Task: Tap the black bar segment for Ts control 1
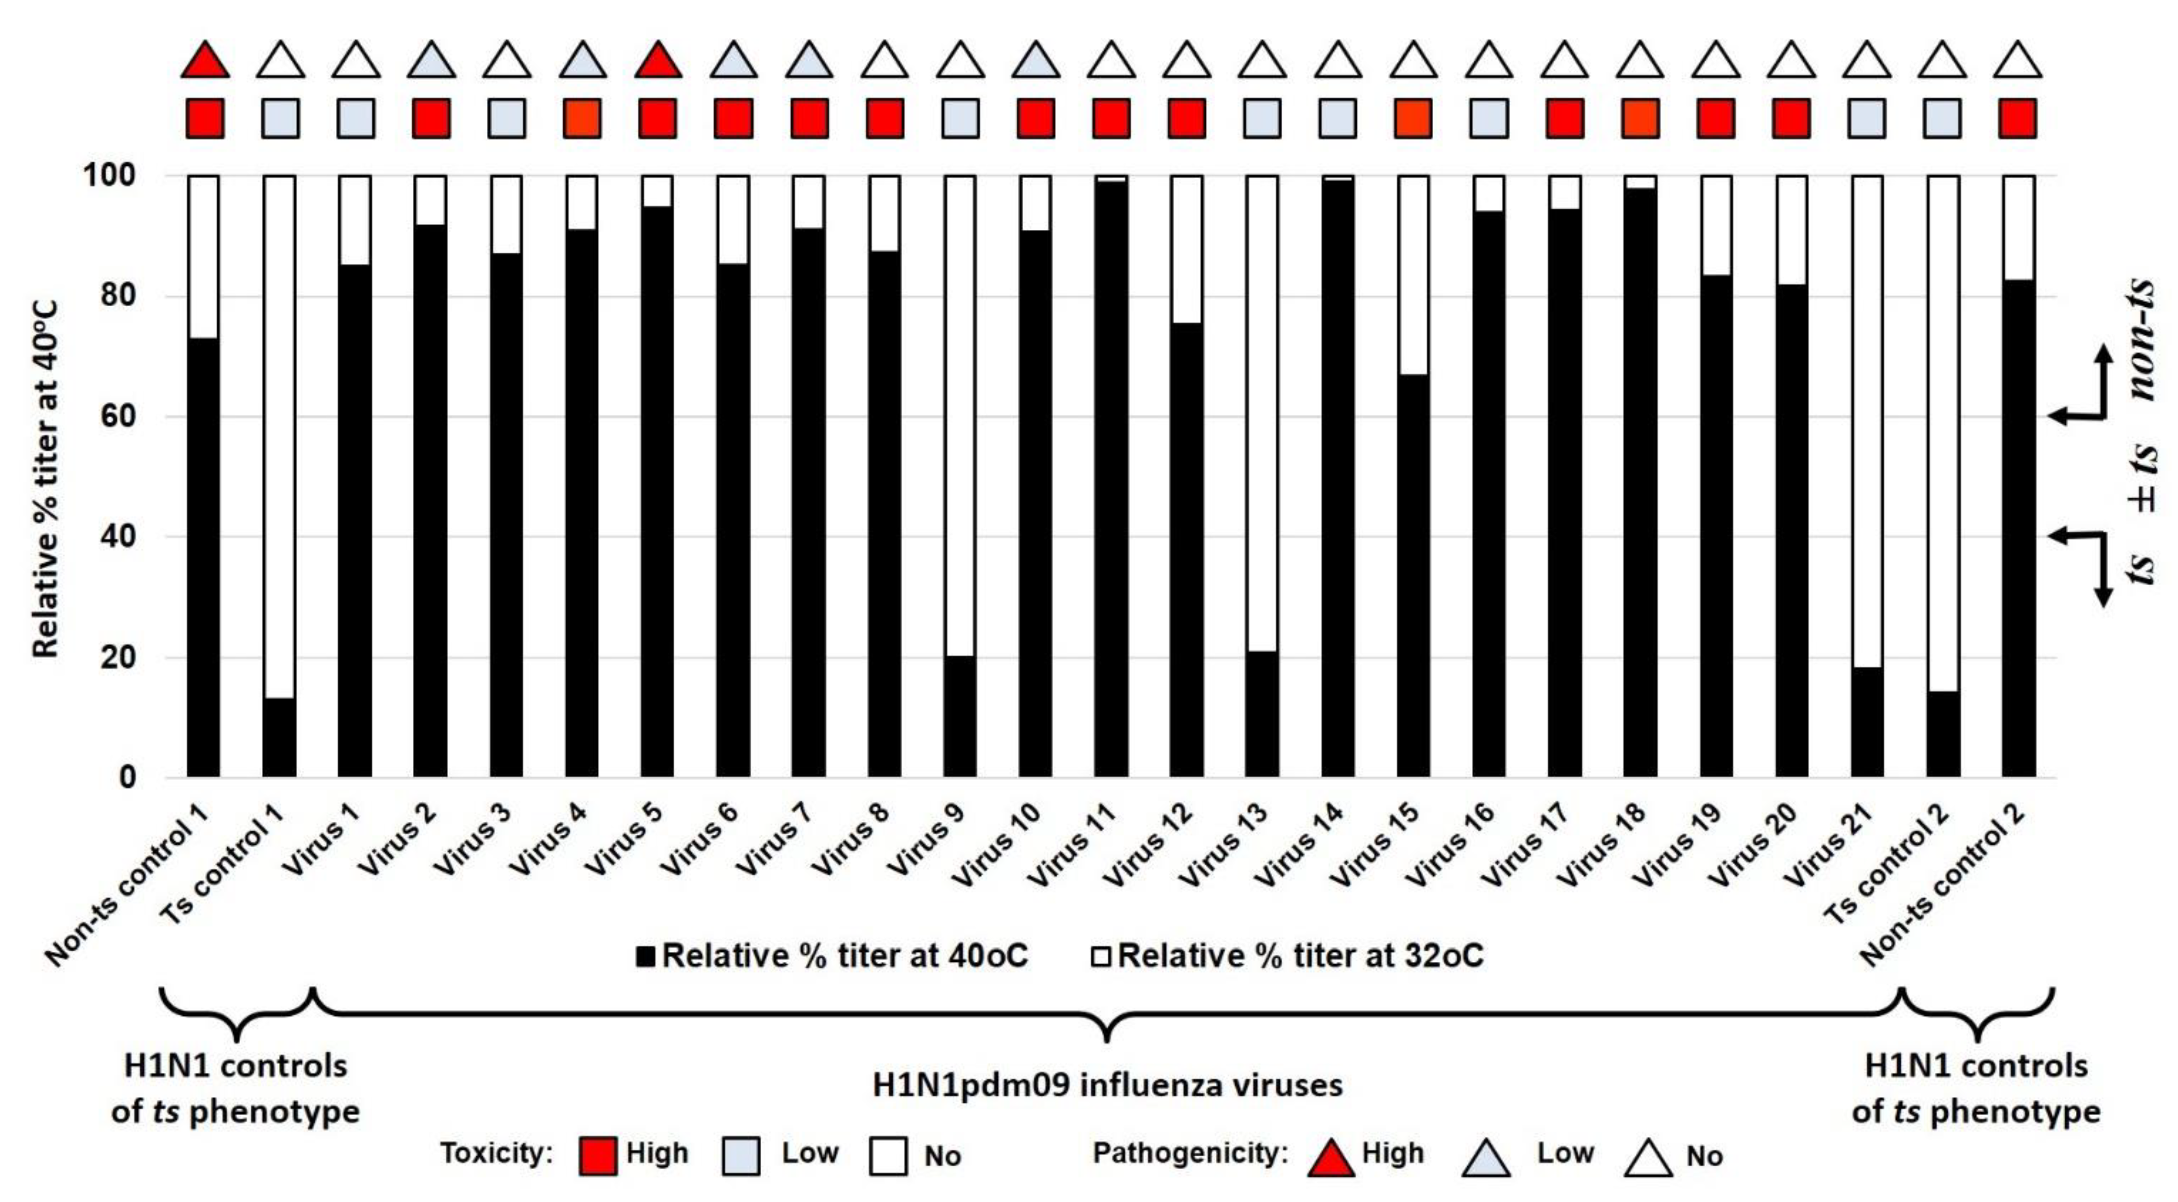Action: pos(279,737)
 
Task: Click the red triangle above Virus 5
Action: pos(658,62)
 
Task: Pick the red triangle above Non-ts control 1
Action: pos(204,62)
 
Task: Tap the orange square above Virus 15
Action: pos(1413,118)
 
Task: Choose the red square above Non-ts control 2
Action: pos(2017,118)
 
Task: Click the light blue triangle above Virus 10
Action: pos(1036,62)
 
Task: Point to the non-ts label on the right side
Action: pos(2140,338)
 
